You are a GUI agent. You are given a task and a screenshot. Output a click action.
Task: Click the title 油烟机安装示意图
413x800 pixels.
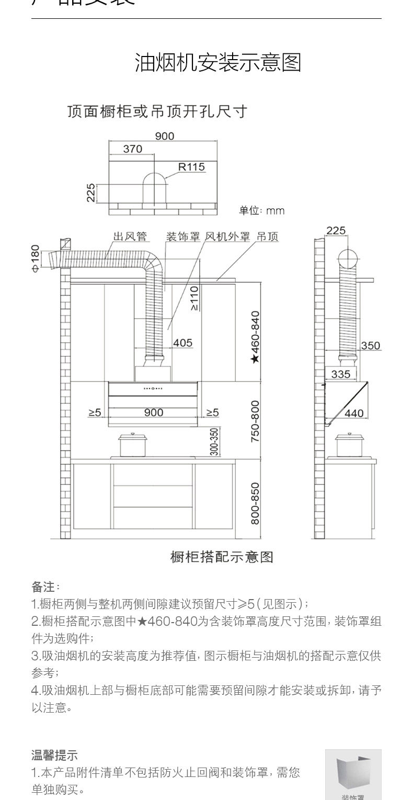pyautogui.click(x=218, y=63)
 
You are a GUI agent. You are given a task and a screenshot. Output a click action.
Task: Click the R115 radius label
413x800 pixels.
pyautogui.click(x=191, y=167)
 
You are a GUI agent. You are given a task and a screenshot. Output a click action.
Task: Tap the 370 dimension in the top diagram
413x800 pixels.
pyautogui.click(x=132, y=149)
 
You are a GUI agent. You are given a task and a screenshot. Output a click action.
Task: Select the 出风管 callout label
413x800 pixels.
pyautogui.click(x=130, y=236)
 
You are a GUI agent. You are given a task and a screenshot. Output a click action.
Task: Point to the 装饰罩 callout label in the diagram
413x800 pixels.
pyautogui.click(x=183, y=236)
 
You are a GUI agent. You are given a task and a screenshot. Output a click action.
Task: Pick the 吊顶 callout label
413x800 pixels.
pyautogui.click(x=267, y=236)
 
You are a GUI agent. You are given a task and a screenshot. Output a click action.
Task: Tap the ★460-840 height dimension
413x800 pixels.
pyautogui.click(x=255, y=337)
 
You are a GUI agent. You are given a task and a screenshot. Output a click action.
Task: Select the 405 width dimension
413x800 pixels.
pyautogui.click(x=182, y=343)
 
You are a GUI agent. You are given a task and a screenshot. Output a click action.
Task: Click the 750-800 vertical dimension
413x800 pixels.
pyautogui.click(x=255, y=422)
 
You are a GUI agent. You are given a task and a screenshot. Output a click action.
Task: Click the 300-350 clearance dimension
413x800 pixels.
pyautogui.click(x=214, y=442)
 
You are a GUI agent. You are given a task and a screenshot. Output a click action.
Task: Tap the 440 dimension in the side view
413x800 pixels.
pyautogui.click(x=354, y=413)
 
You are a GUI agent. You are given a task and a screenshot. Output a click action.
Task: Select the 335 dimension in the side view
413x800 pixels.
pyautogui.click(x=340, y=374)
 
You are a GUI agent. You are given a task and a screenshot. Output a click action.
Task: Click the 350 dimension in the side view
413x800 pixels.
pyautogui.click(x=370, y=345)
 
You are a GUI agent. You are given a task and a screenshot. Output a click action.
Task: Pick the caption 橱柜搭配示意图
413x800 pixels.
pyautogui.click(x=222, y=557)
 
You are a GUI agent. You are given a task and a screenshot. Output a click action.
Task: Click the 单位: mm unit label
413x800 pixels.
pyautogui.click(x=261, y=211)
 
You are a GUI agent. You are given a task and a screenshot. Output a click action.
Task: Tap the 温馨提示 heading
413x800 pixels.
pyautogui.click(x=54, y=755)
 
